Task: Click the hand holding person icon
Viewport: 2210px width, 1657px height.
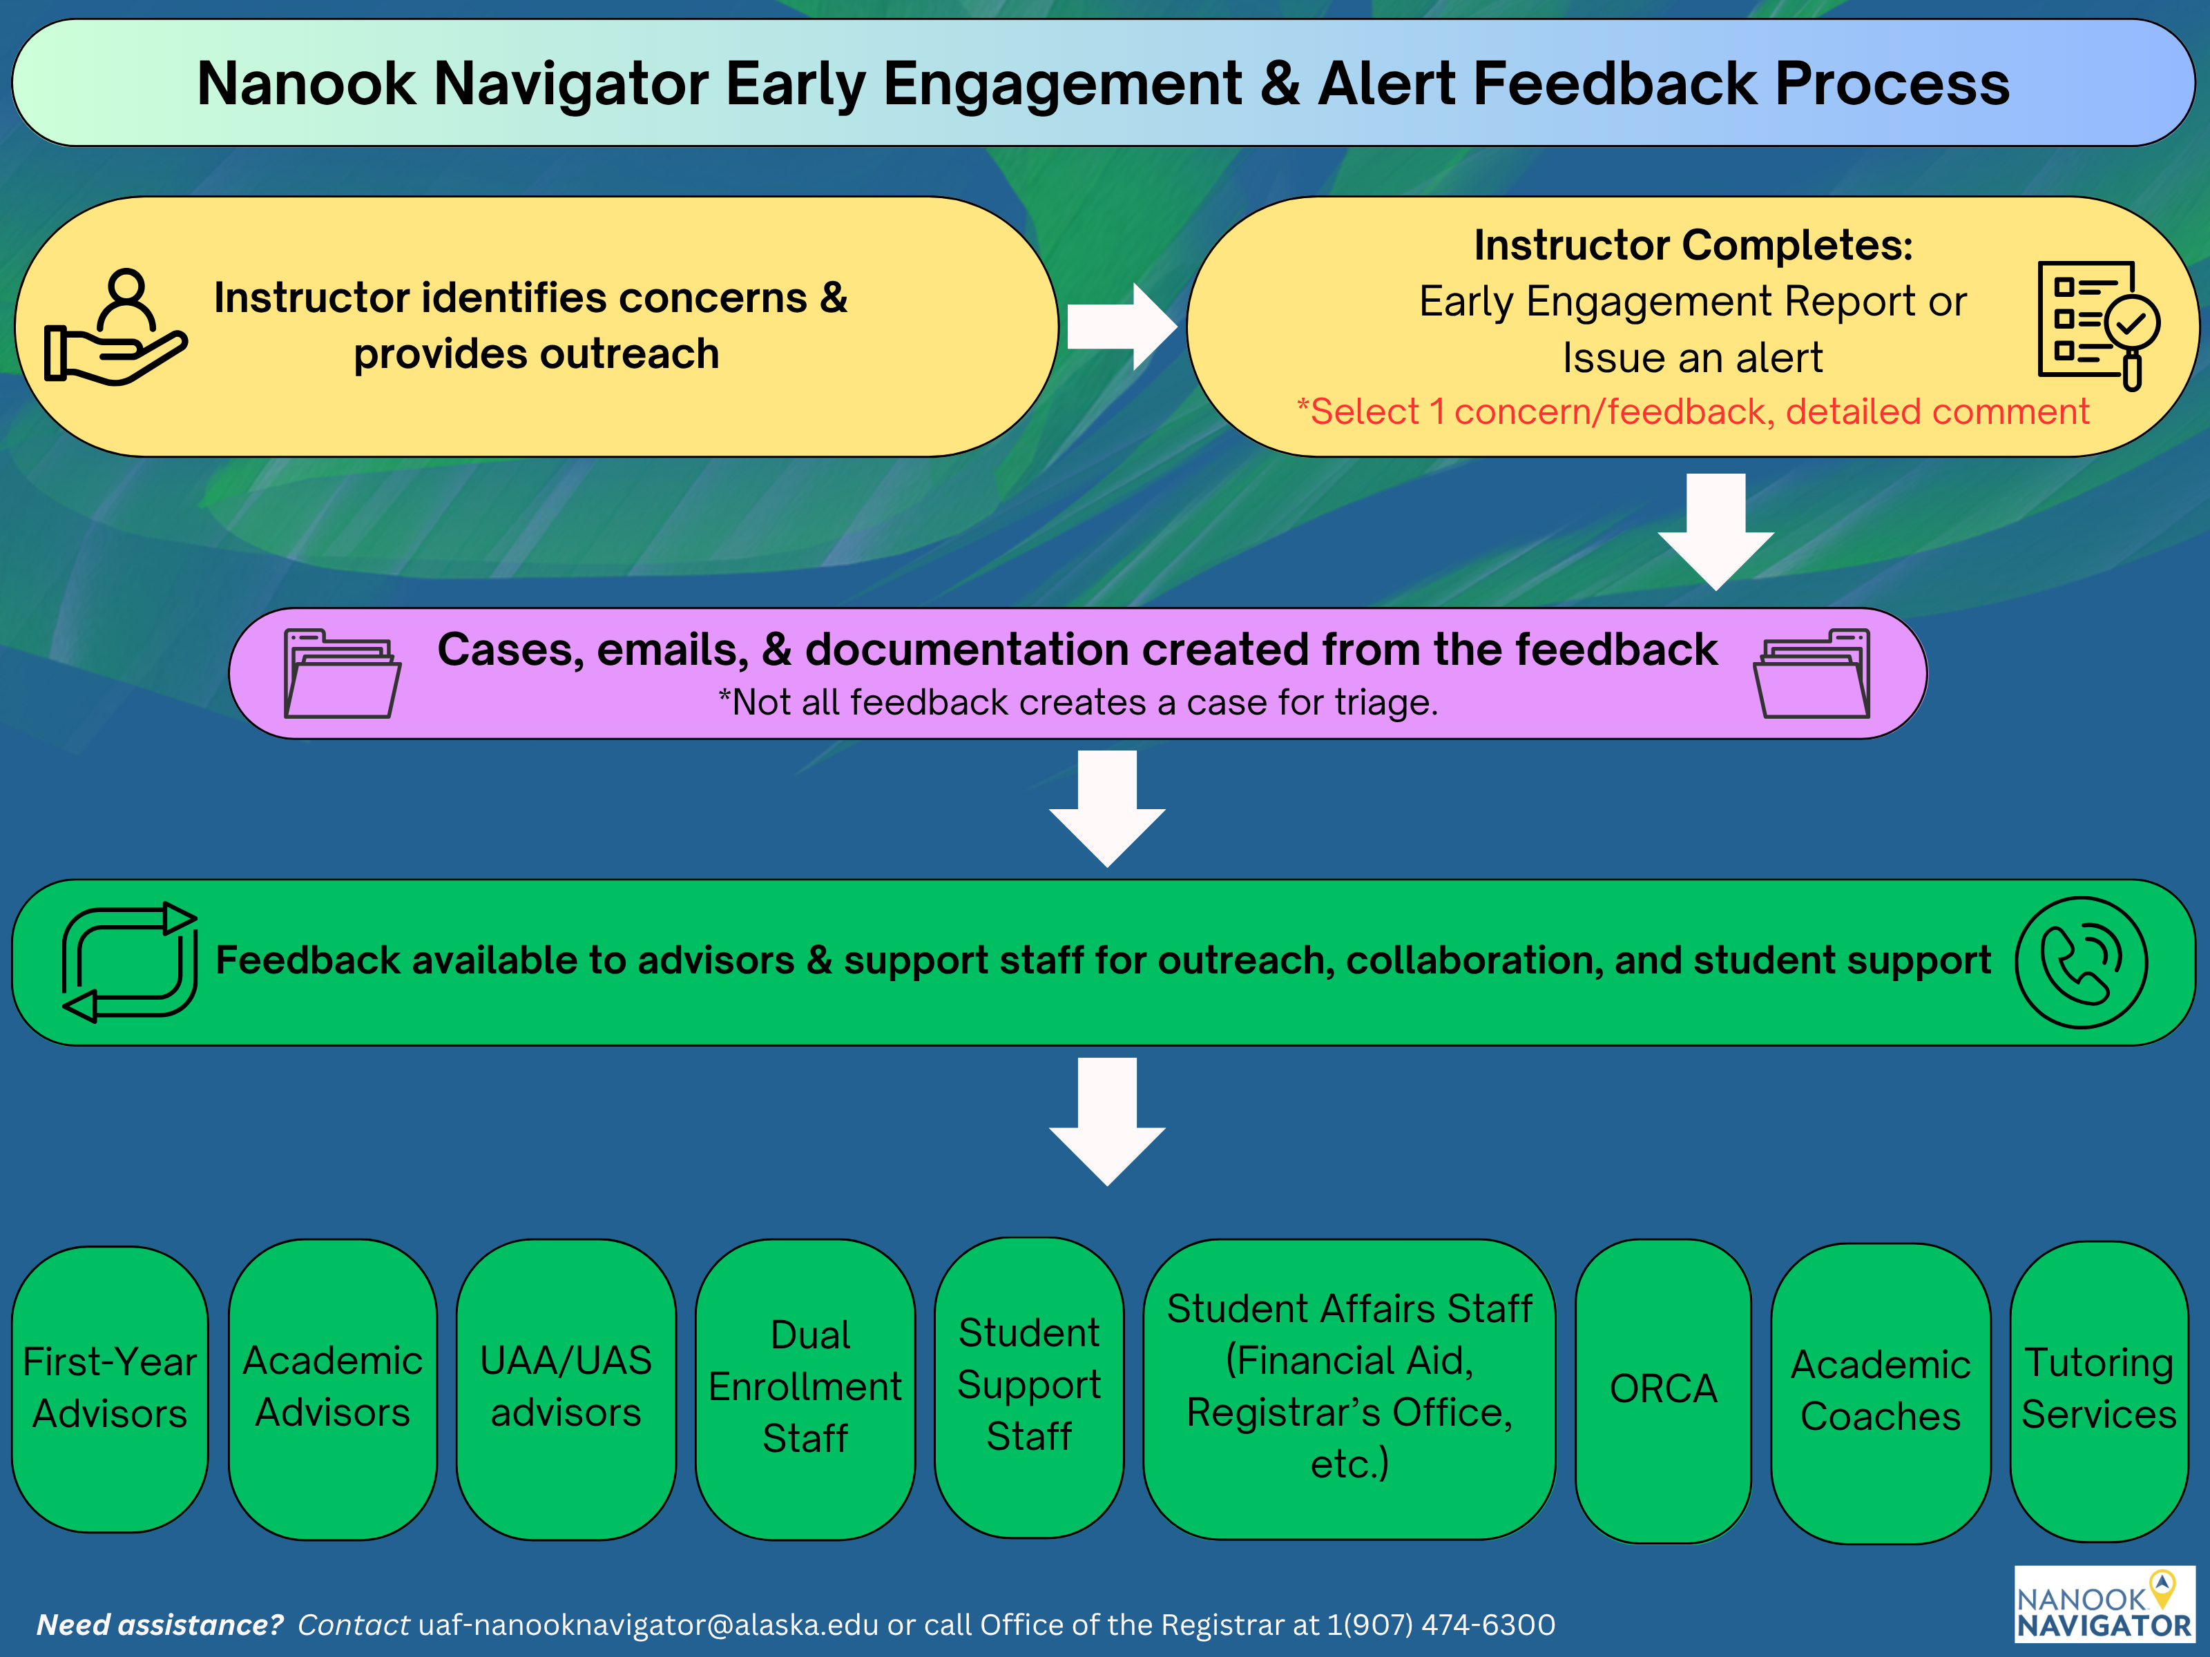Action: click(114, 327)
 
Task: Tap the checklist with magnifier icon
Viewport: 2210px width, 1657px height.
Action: click(2097, 324)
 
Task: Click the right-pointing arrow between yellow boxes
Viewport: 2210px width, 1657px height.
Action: click(1121, 327)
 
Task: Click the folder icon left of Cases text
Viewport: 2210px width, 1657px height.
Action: click(342, 673)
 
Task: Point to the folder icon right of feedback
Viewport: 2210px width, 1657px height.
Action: click(1812, 673)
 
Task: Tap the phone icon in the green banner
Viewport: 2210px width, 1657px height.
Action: click(2080, 962)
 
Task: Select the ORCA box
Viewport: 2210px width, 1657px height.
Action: click(1662, 1389)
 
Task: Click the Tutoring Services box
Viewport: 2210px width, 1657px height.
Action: click(2098, 1389)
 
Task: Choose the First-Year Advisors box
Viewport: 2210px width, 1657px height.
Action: click(110, 1389)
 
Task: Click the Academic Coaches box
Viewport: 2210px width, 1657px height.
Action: click(1881, 1391)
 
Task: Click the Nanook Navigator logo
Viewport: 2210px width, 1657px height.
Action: click(2103, 1604)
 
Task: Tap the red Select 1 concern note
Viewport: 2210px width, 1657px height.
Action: click(1693, 411)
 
